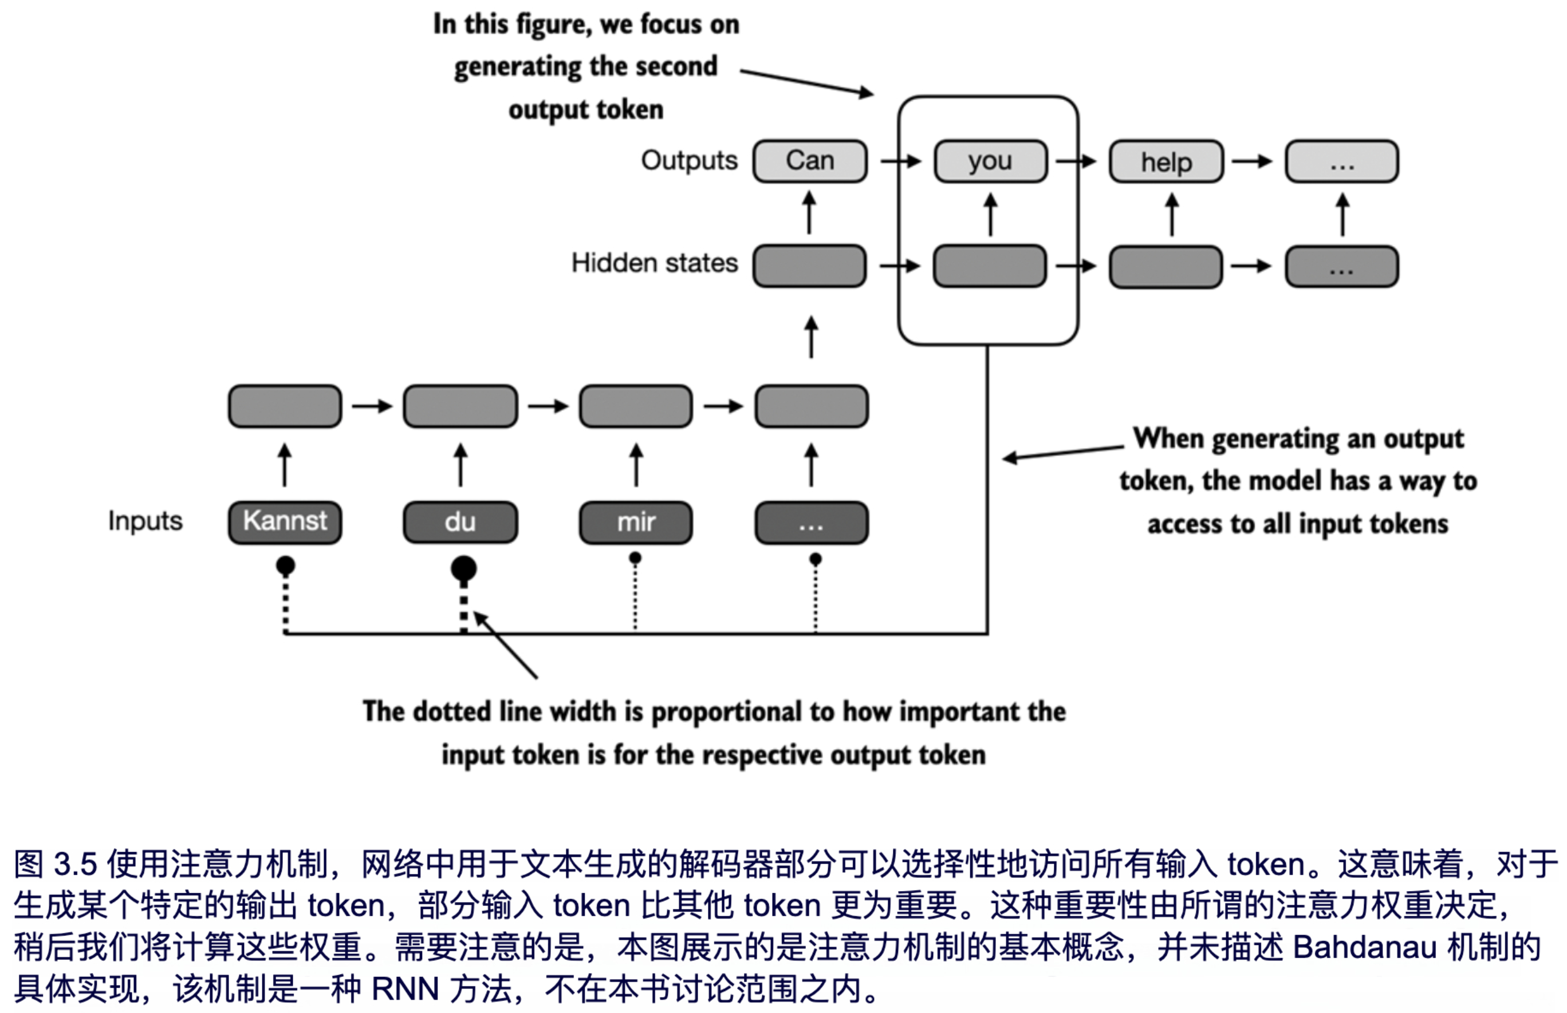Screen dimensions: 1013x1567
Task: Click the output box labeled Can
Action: (x=809, y=161)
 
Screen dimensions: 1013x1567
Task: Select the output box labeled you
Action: (x=990, y=161)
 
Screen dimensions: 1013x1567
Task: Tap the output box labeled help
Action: (x=1166, y=162)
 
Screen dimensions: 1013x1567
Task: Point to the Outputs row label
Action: (x=689, y=160)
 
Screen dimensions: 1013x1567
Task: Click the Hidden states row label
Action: (x=654, y=263)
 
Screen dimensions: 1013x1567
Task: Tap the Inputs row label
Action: (x=145, y=521)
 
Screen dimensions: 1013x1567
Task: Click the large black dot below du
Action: (x=463, y=568)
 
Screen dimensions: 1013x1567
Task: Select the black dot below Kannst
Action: (x=285, y=565)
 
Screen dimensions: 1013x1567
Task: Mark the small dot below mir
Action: (x=635, y=559)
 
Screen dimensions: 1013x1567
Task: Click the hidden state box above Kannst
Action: (x=285, y=406)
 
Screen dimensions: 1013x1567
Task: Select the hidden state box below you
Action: (x=990, y=266)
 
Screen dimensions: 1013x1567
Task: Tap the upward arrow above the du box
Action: (x=460, y=465)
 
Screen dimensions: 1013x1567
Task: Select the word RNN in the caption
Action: (x=405, y=988)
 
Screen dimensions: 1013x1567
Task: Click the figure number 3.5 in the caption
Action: (x=75, y=864)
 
